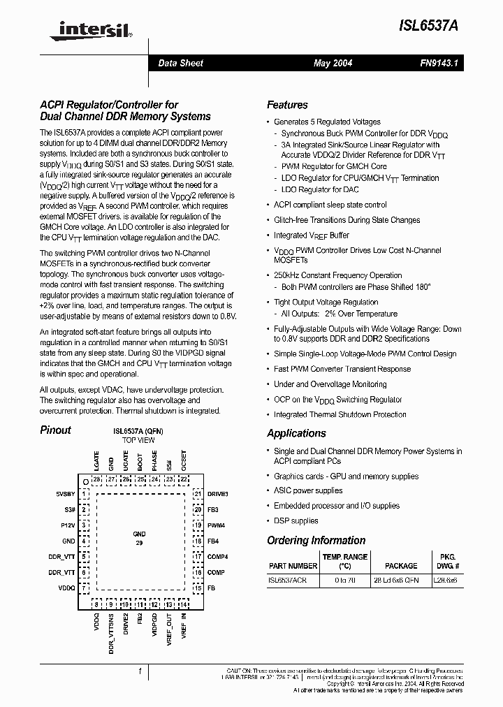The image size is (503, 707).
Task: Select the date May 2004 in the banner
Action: [x=333, y=63]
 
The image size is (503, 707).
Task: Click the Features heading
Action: [x=287, y=105]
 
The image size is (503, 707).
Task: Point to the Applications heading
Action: [x=296, y=433]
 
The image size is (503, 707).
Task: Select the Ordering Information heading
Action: [x=316, y=540]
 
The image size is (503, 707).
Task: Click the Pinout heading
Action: [x=55, y=430]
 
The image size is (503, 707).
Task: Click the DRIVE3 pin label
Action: [x=218, y=494]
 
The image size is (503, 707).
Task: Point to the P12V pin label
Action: [x=67, y=525]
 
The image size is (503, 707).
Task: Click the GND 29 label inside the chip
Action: [x=140, y=537]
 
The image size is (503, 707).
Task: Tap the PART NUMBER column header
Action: [x=293, y=565]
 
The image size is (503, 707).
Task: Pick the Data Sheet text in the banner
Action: [x=180, y=63]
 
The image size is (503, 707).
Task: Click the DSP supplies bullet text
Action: [x=296, y=520]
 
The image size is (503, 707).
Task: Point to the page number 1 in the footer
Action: [x=140, y=671]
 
